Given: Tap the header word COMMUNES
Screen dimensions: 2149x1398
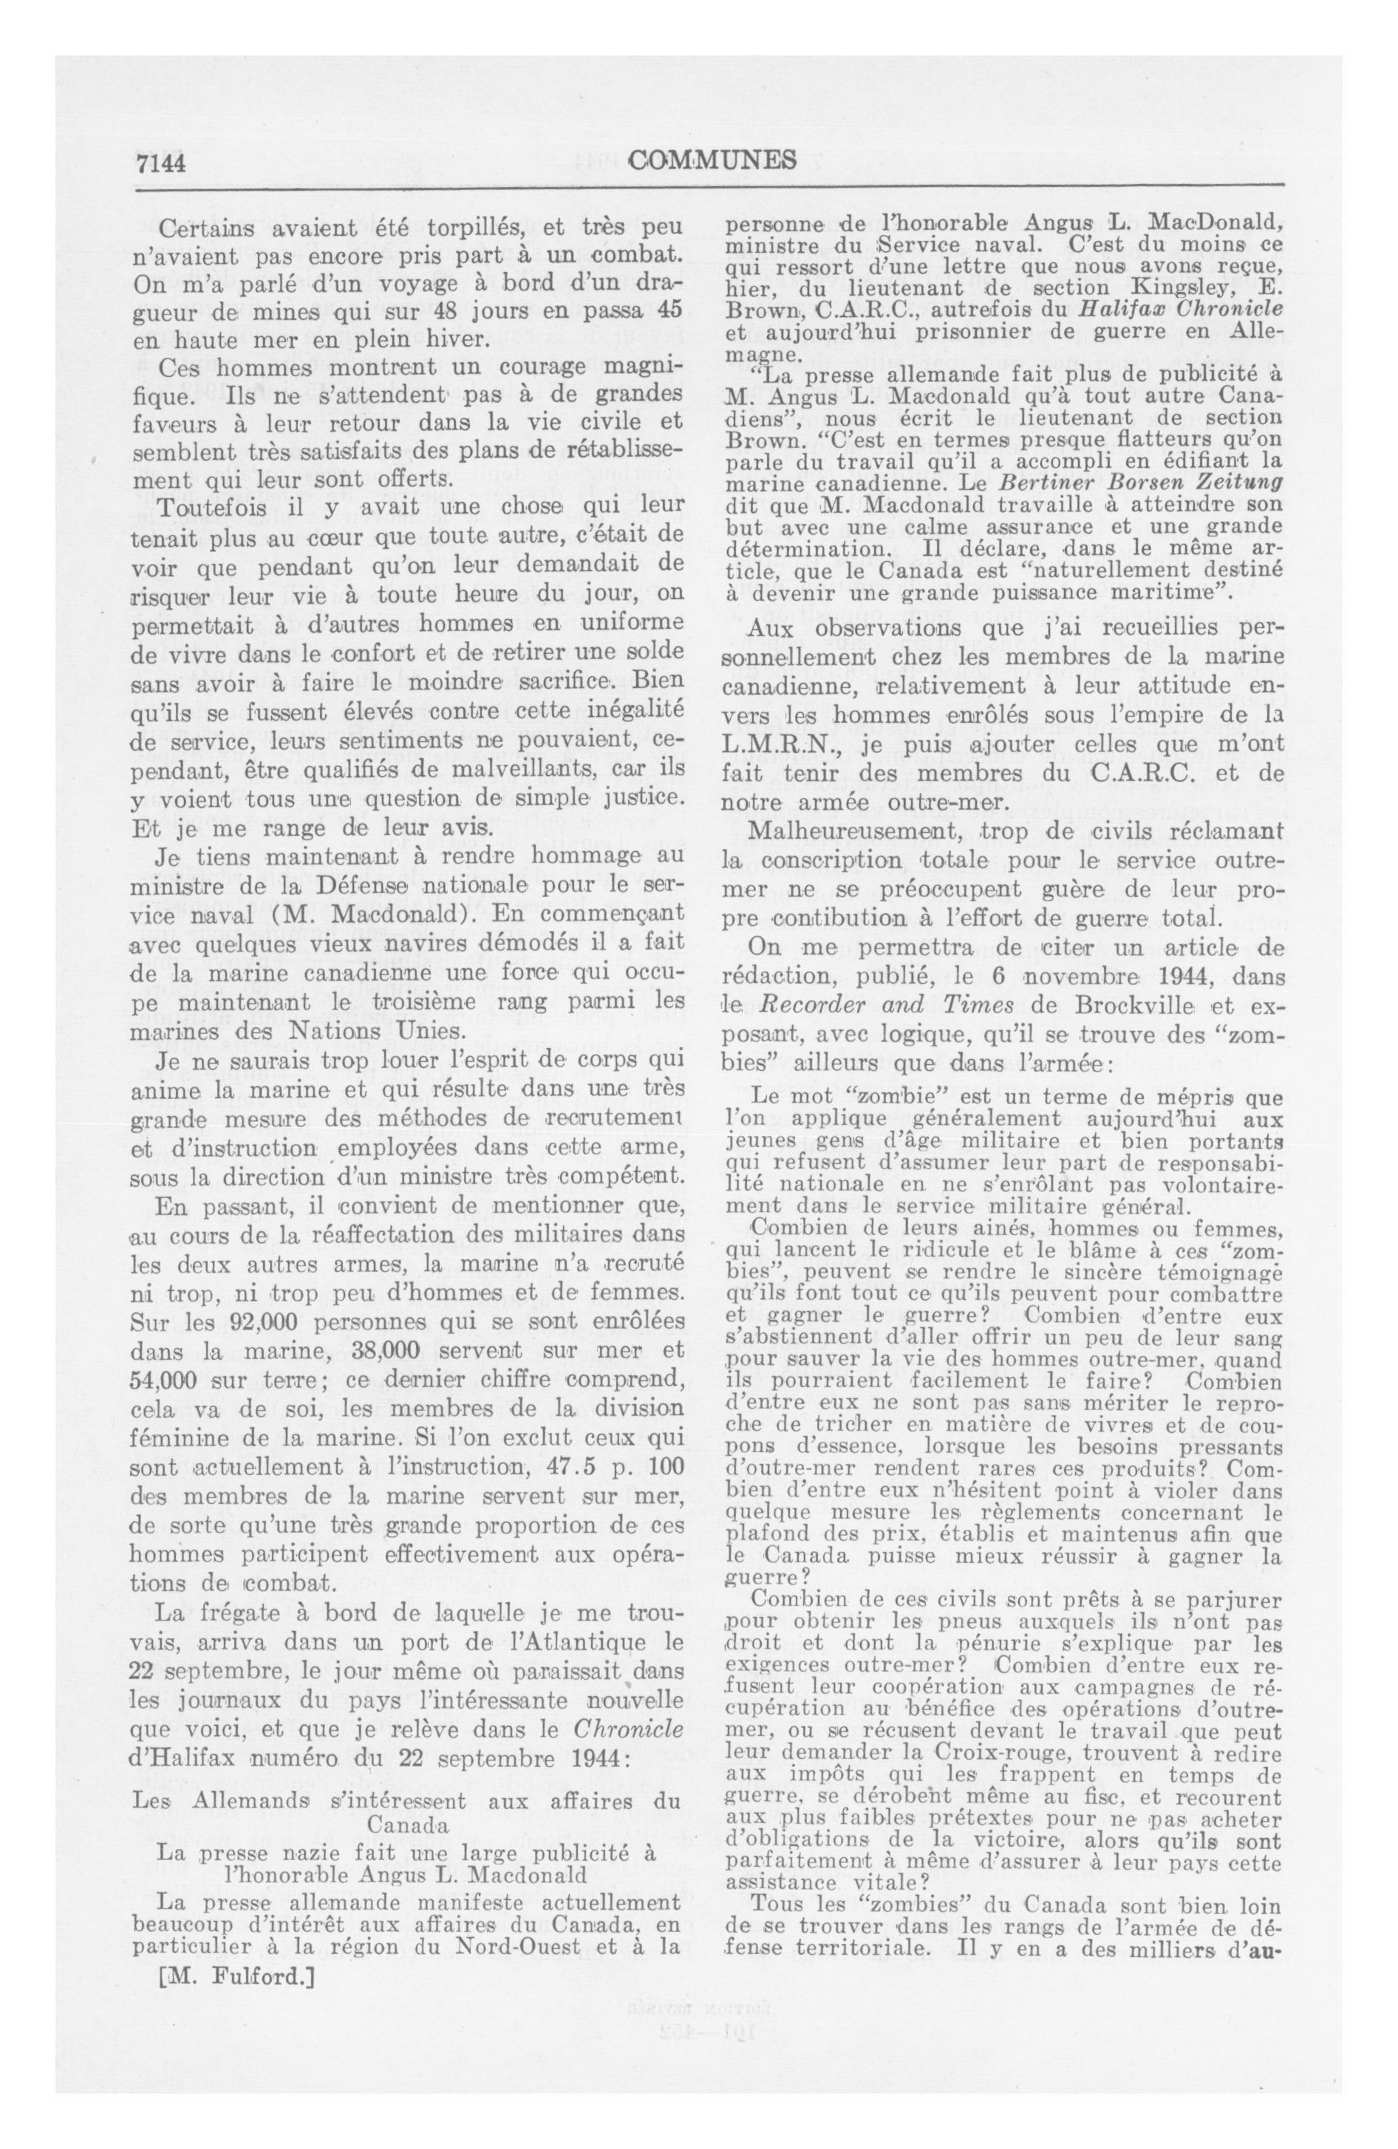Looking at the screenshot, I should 711,160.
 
